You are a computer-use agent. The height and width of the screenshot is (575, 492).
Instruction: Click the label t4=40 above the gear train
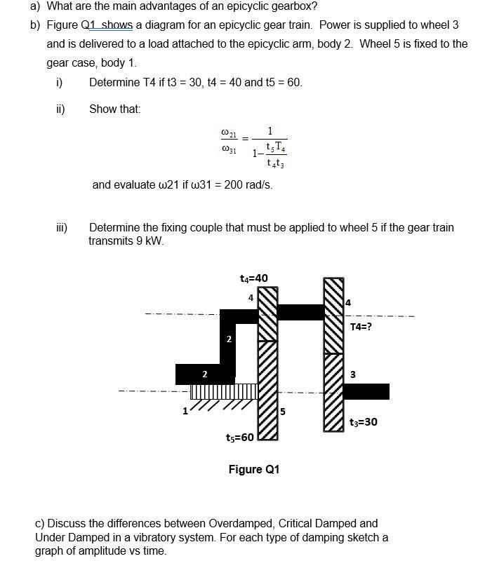[253, 278]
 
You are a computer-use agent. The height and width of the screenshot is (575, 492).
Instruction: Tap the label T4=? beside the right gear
[361, 326]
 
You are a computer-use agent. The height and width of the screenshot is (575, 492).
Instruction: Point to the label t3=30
[364, 421]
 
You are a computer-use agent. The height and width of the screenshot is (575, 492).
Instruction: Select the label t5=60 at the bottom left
[240, 438]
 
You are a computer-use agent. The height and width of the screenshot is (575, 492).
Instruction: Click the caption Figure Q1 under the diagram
[253, 469]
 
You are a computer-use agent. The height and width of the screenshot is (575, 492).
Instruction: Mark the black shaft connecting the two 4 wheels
[300, 312]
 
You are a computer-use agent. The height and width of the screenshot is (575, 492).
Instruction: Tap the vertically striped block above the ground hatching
[225, 391]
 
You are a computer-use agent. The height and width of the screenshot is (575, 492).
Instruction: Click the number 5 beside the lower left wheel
[283, 411]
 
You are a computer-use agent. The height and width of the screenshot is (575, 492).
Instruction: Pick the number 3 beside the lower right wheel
[353, 374]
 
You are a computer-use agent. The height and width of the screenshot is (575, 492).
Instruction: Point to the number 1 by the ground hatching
[185, 411]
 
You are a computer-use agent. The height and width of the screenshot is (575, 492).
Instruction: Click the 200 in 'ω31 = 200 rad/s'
[234, 185]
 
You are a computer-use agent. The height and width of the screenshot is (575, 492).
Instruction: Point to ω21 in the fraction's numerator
[229, 132]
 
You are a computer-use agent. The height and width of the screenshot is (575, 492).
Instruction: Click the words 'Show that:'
[115, 109]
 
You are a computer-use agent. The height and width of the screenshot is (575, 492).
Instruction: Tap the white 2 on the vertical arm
[229, 339]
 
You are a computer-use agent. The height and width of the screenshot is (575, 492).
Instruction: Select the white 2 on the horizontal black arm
[204, 374]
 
